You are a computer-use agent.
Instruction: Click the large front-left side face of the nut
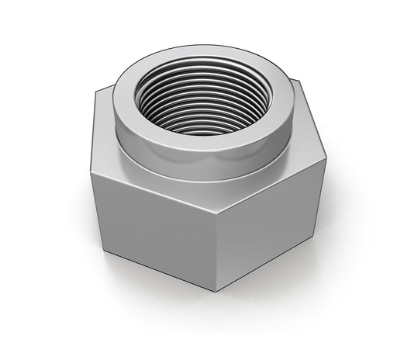click(x=151, y=225)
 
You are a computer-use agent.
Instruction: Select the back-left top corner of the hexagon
click(x=96, y=91)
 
